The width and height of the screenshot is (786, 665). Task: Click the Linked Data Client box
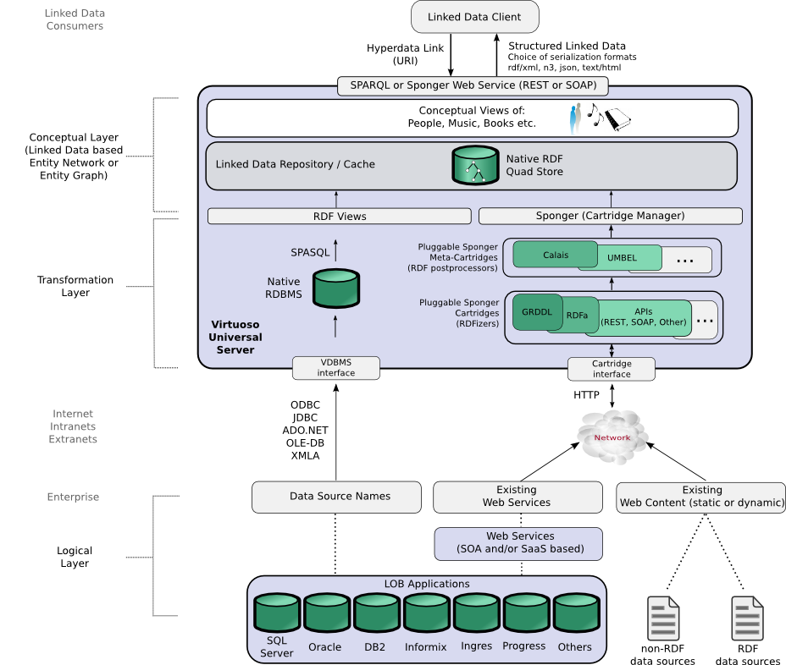(474, 17)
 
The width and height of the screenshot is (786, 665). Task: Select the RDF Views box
(340, 217)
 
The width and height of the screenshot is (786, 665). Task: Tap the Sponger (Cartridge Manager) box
(611, 216)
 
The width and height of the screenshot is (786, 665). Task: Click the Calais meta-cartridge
(556, 255)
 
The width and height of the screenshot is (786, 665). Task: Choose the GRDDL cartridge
(537, 312)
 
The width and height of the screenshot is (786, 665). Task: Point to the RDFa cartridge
(577, 316)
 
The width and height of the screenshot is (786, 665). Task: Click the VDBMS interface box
(336, 367)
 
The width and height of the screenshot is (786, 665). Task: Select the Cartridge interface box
(612, 369)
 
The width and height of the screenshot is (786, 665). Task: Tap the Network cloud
(612, 437)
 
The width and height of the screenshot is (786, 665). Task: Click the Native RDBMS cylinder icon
(336, 289)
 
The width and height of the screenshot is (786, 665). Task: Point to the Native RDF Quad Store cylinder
(475, 165)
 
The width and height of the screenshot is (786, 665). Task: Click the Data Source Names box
(336, 497)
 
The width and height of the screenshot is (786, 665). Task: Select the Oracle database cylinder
(327, 613)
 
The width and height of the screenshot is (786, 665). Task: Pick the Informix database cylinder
(427, 613)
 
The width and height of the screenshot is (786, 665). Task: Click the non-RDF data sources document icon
(663, 618)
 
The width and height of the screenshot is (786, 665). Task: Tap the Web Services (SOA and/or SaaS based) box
(518, 543)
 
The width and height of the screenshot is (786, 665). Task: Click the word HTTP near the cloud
(586, 395)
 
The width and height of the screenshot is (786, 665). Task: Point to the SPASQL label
(310, 253)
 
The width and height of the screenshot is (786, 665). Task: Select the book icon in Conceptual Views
(617, 119)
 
